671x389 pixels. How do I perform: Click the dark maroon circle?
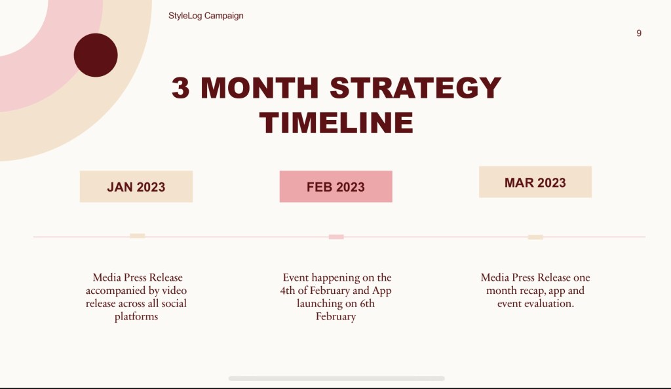[96, 55]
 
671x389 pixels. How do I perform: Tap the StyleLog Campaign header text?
[206, 16]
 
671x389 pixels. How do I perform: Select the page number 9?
[638, 33]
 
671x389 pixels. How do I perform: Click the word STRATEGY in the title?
[415, 88]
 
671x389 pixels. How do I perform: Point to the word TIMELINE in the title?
[336, 123]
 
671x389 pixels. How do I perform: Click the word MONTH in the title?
[259, 88]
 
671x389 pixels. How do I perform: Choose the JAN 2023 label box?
[136, 186]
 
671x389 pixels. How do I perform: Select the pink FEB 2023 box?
[336, 186]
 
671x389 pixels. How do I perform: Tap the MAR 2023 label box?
[535, 182]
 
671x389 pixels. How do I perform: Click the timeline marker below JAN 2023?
[138, 235]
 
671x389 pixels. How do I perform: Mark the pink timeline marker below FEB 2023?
[336, 237]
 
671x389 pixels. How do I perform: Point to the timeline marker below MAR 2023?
[535, 237]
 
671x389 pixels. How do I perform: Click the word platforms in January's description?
[136, 317]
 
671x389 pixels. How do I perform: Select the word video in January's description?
[174, 291]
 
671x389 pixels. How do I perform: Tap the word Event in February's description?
[296, 277]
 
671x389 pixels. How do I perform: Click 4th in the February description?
[288, 291]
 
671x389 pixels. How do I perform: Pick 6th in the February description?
[367, 303]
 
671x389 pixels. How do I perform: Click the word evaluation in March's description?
[551, 303]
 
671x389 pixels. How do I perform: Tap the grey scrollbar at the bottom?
[336, 379]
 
